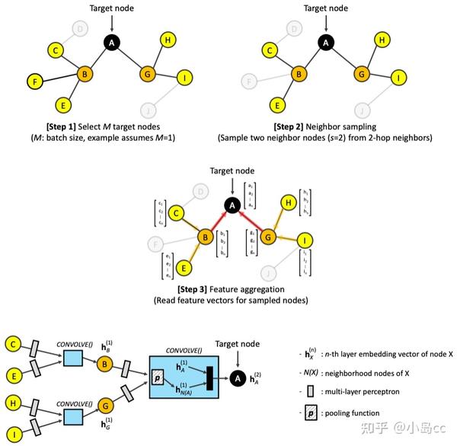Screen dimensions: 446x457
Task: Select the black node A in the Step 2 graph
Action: pyautogui.click(x=326, y=43)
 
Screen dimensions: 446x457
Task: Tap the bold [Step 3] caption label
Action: pyautogui.click(x=200, y=289)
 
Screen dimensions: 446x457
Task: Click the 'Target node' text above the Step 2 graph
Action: pyautogui.click(x=326, y=8)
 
